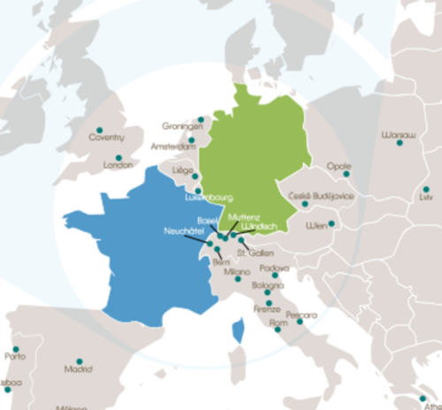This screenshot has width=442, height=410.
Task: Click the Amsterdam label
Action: point(173,146)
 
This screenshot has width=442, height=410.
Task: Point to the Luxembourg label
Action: point(208,198)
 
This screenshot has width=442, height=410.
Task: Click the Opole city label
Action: point(339,165)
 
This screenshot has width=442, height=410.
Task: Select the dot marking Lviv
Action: point(425,189)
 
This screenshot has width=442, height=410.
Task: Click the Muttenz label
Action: point(243,216)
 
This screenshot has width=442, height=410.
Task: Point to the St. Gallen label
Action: point(255,253)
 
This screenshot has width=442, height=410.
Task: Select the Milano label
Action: point(237,272)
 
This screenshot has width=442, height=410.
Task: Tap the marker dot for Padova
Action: point(275,276)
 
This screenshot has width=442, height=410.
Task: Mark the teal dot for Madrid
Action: point(79,361)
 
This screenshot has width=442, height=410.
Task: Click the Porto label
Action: point(15,357)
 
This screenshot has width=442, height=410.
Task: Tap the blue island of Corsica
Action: point(237,333)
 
